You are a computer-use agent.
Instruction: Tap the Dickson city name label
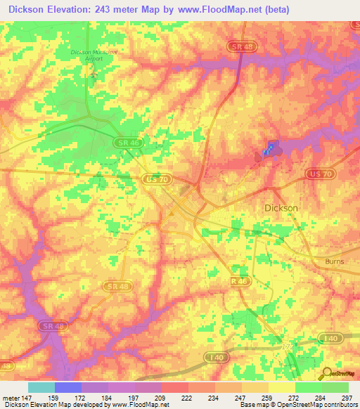(281, 208)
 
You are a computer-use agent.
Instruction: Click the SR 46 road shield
(127, 143)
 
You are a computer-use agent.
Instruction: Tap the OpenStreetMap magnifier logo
(326, 373)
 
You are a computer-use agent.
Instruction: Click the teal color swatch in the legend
(41, 387)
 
